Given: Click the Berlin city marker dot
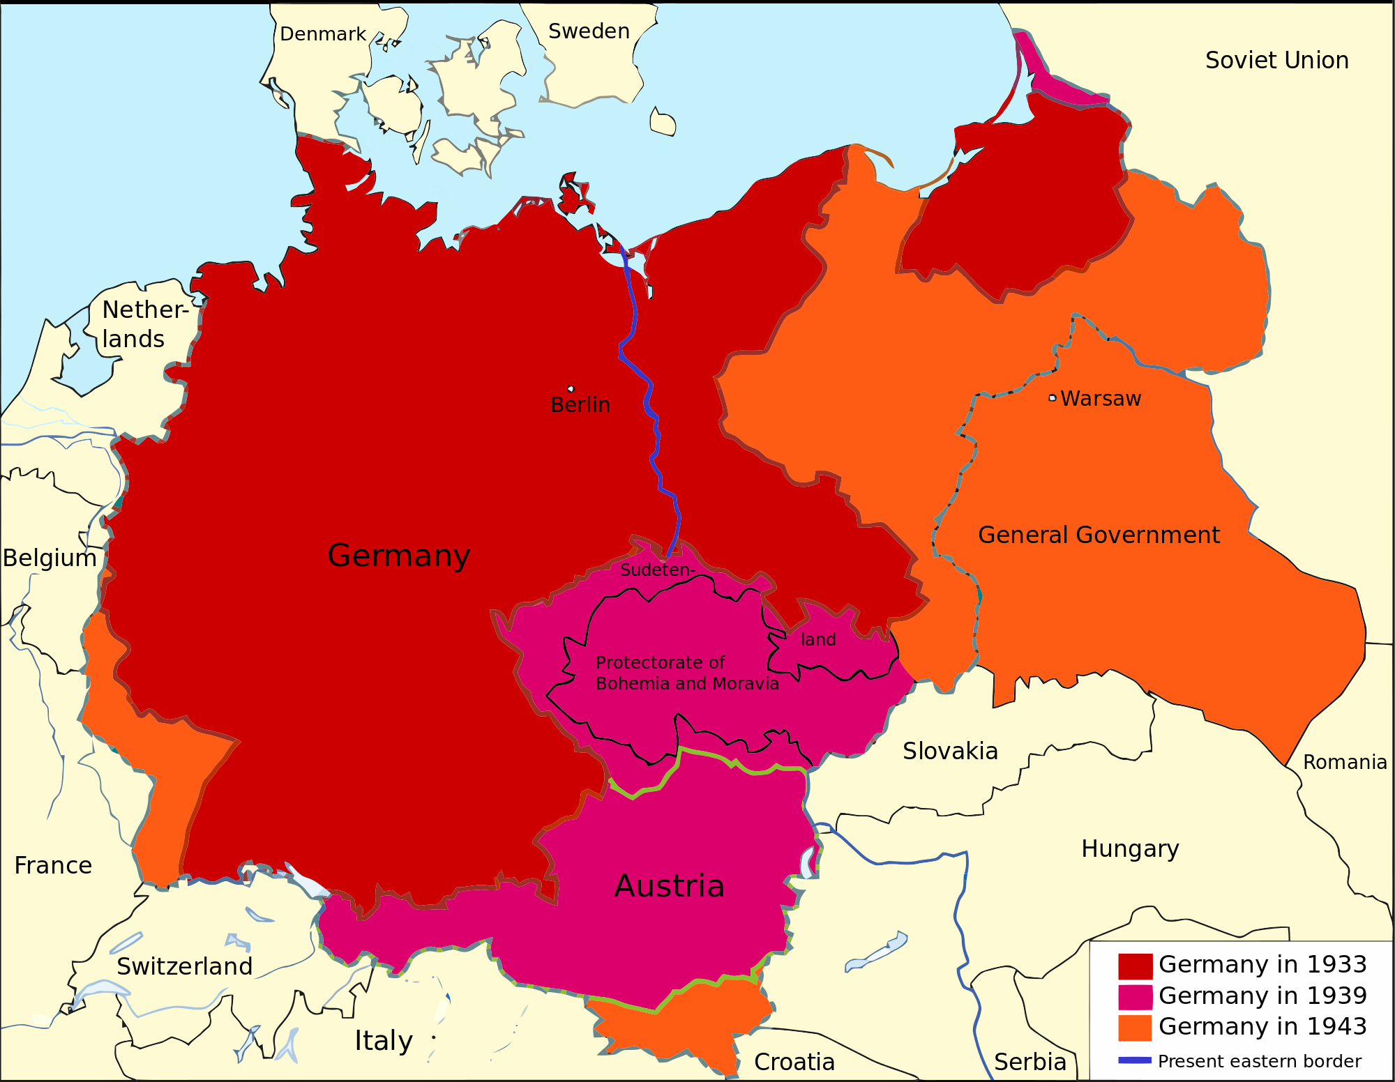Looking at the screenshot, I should [x=571, y=389].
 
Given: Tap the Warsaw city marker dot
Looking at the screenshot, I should [x=1053, y=398].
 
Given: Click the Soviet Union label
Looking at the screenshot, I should [x=1276, y=61].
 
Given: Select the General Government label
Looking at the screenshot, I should [x=1099, y=535].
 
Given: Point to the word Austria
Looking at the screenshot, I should [x=669, y=886].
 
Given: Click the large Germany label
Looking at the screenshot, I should [x=399, y=556].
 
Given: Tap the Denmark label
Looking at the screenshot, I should [x=322, y=34].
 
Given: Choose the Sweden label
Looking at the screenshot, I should [x=589, y=31].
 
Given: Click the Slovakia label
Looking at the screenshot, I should [x=950, y=751].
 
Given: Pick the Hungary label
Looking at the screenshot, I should [x=1130, y=849].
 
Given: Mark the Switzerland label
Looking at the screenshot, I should [x=184, y=966].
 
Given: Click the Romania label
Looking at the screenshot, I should [x=1345, y=762].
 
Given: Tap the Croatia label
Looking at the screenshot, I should [x=794, y=1062].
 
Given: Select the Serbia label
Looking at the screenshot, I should [x=1030, y=1062].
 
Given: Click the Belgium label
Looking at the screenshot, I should [x=50, y=558].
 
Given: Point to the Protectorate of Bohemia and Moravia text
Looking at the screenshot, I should [x=686, y=673].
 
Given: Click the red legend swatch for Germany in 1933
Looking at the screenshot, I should [x=1135, y=966].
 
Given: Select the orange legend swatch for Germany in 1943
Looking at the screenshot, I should [x=1135, y=1028].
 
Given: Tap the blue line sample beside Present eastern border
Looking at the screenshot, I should [x=1135, y=1060].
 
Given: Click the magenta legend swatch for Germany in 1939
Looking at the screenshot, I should [x=1135, y=997].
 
